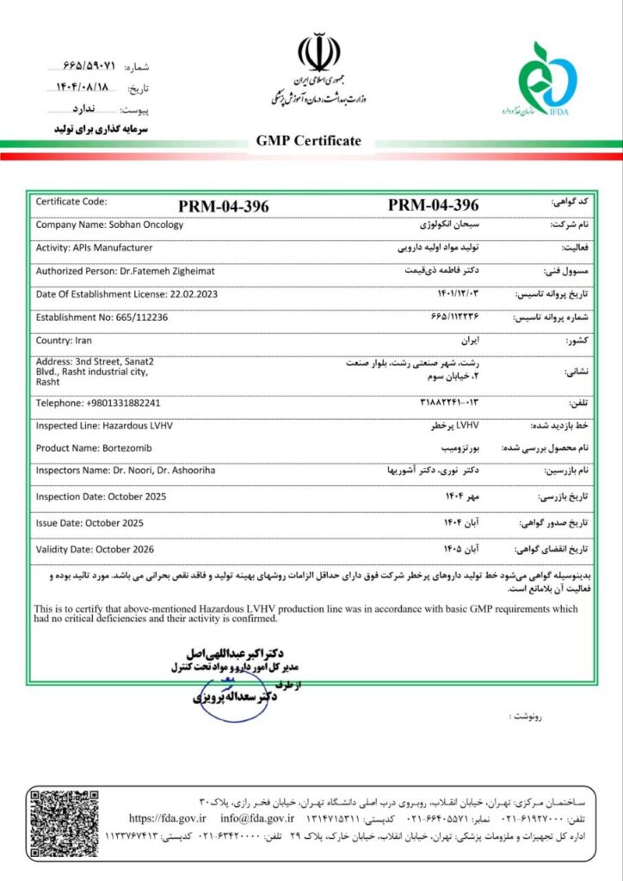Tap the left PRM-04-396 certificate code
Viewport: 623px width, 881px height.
(x=224, y=206)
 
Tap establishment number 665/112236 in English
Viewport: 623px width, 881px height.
(x=138, y=317)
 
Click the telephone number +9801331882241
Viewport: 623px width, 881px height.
(x=123, y=402)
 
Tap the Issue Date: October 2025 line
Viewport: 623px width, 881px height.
(x=89, y=522)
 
